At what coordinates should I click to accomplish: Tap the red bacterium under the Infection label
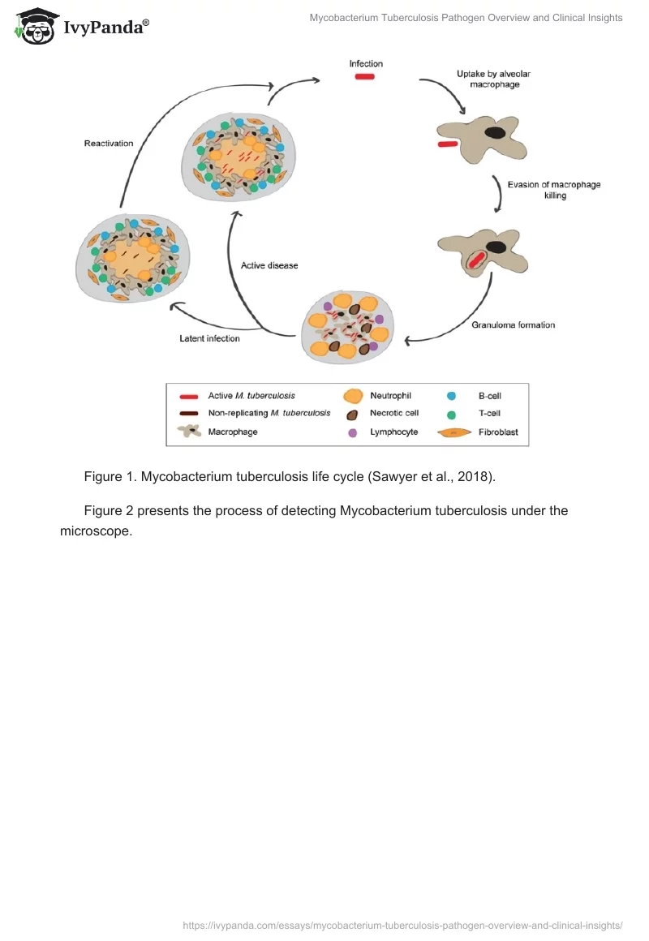tap(364, 77)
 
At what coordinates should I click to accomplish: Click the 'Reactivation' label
tap(108, 144)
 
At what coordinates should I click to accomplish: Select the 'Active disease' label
tap(269, 265)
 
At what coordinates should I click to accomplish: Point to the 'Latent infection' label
tap(209, 338)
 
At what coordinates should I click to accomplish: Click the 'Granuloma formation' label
tap(513, 325)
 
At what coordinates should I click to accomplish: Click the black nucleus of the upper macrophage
tap(495, 131)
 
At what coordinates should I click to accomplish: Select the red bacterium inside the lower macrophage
tap(477, 260)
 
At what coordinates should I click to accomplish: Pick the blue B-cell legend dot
tap(451, 397)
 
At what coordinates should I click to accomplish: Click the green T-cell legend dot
tap(451, 415)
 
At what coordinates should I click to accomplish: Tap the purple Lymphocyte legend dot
tap(352, 432)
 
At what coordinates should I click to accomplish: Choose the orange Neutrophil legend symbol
tap(353, 397)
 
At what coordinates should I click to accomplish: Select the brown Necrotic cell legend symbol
tap(352, 415)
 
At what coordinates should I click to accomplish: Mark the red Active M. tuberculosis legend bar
tap(189, 397)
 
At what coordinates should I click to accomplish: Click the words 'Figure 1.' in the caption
tap(110, 477)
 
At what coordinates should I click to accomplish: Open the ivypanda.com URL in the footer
tap(402, 924)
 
